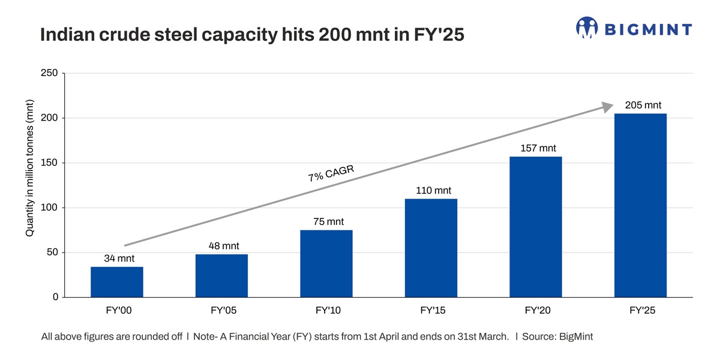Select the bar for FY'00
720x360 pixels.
(117, 282)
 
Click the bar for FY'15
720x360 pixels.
(431, 248)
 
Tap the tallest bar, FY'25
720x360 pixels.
(640, 205)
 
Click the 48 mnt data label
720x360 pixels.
(221, 246)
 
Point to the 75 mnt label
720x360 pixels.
(328, 222)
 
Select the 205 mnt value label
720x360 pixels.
(643, 106)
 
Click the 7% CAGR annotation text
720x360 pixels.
(331, 173)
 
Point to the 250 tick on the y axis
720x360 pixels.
(50, 73)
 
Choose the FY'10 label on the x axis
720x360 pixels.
(328, 312)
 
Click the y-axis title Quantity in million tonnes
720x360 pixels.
(29, 167)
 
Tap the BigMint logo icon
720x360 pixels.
(587, 28)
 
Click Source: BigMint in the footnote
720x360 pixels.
(557, 337)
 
